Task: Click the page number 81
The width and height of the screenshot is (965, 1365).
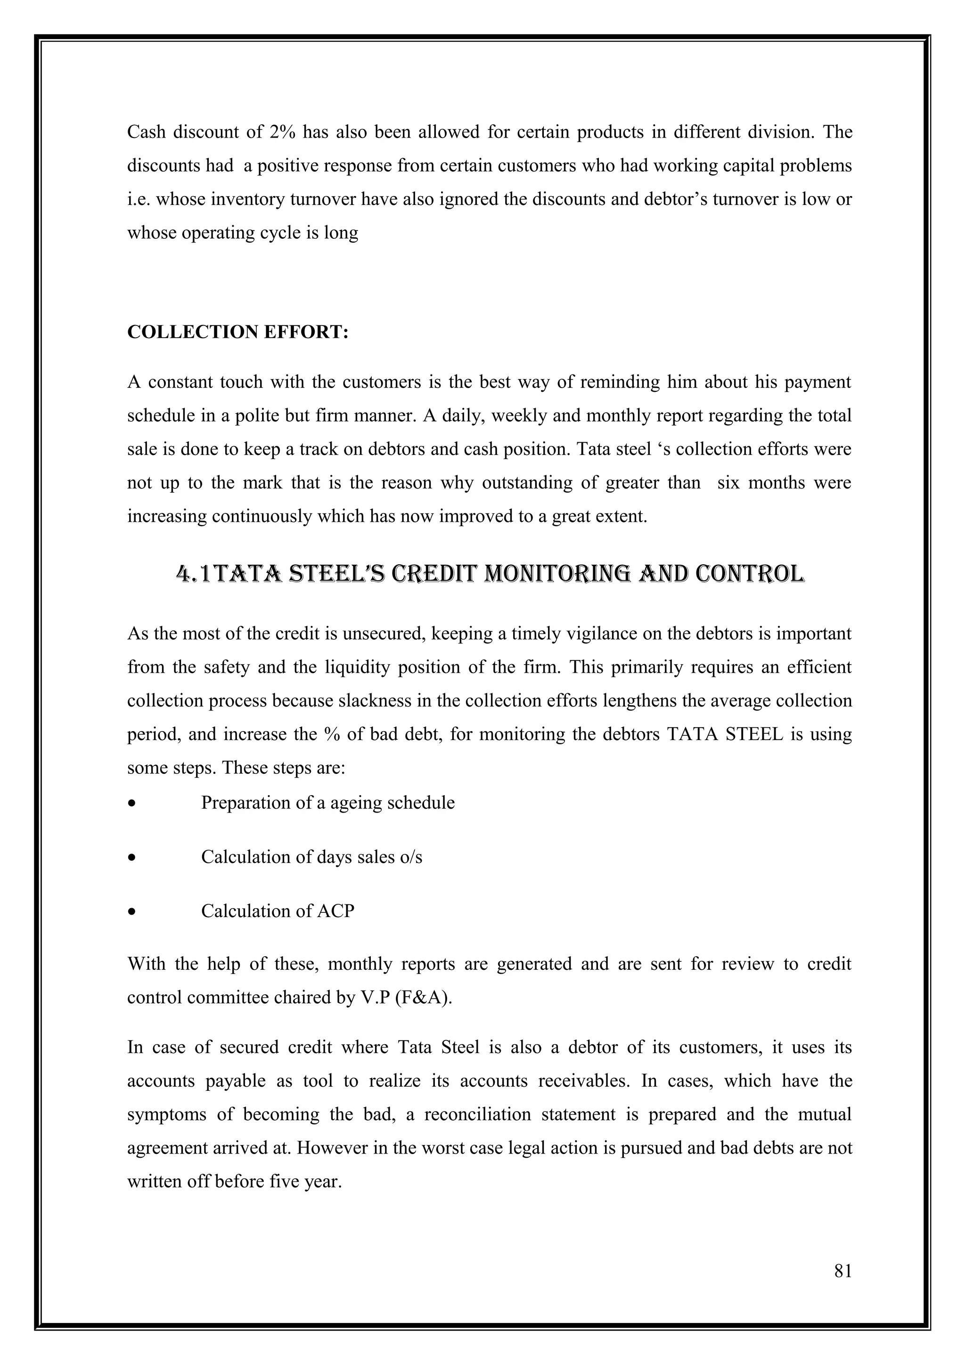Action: click(x=842, y=1288)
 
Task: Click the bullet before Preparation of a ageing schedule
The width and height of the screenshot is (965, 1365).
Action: click(x=132, y=804)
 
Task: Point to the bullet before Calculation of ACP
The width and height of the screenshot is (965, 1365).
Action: click(x=132, y=912)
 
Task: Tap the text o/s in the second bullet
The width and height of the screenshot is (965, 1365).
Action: click(x=411, y=857)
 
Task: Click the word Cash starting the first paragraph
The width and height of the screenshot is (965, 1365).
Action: click(x=146, y=131)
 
